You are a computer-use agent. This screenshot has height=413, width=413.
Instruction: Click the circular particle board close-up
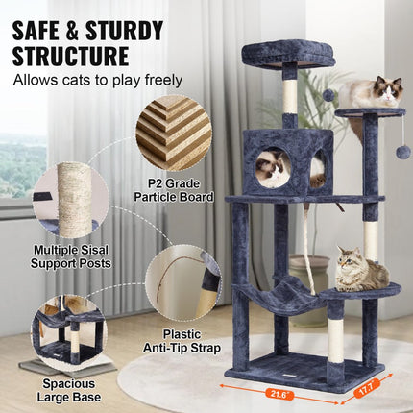[x=173, y=133]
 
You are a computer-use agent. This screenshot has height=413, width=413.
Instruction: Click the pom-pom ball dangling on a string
[x=402, y=152]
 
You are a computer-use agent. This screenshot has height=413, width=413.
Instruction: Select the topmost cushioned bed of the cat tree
[x=287, y=54]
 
